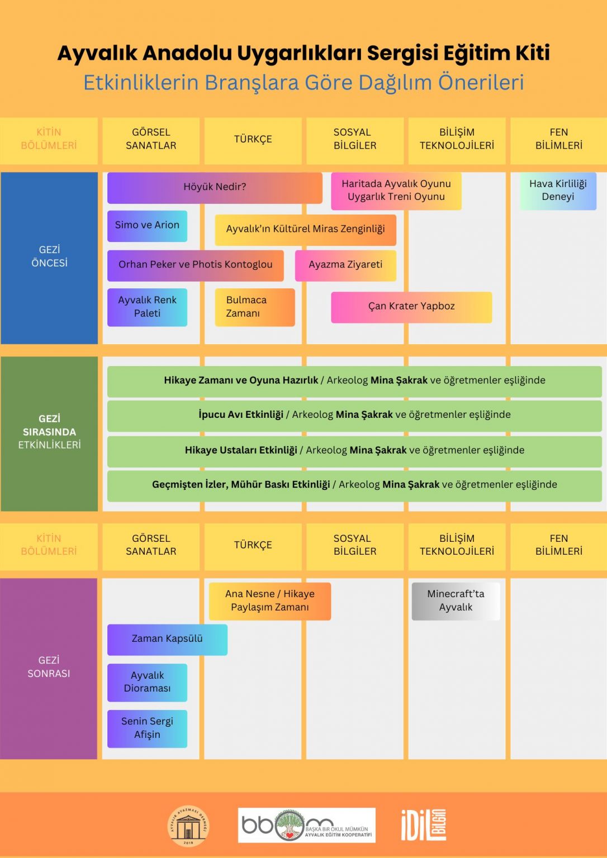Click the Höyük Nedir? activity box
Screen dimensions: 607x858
pos(215,188)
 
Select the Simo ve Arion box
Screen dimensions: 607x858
pos(147,226)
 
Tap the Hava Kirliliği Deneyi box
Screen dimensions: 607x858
pos(558,190)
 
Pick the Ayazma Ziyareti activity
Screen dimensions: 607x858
pos(345,265)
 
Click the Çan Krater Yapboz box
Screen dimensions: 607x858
pos(411,307)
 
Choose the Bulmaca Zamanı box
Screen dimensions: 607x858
pos(255,307)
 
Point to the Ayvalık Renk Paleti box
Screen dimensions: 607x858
pos(147,307)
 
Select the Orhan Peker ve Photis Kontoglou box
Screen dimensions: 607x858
pos(196,265)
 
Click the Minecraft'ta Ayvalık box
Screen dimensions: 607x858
pos(456,601)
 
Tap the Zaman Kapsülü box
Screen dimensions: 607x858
pos(168,640)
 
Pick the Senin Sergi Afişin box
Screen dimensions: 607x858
pos(147,728)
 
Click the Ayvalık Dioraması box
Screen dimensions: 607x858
pos(147,683)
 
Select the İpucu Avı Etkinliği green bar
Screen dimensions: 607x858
pos(354,416)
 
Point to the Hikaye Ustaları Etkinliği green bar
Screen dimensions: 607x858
pos(354,451)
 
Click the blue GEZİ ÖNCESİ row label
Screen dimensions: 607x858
pos(49,258)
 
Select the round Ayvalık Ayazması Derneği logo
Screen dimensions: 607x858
pos(188,826)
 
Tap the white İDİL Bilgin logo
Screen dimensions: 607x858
pos(424,826)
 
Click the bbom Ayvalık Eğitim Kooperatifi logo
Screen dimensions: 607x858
pos(306,825)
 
